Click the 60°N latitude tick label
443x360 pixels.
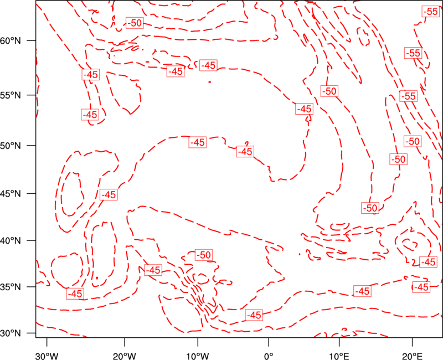pyautogui.click(x=11, y=40)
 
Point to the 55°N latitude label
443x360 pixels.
pyautogui.click(x=11, y=95)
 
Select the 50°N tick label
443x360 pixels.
pyautogui.click(x=11, y=146)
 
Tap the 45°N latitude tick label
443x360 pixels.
pyautogui.click(x=11, y=194)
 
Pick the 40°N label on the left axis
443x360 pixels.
pyautogui.click(x=11, y=241)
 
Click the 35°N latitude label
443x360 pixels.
pyautogui.click(x=11, y=287)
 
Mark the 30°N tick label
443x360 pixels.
pyautogui.click(x=11, y=333)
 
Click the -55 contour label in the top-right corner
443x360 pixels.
pyautogui.click(x=431, y=12)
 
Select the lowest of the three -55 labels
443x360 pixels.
pyautogui.click(x=409, y=96)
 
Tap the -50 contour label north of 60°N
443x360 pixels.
pyautogui.click(x=135, y=23)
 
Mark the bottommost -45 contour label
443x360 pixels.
pyautogui.click(x=254, y=315)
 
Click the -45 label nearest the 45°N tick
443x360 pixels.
pyautogui.click(x=109, y=195)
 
